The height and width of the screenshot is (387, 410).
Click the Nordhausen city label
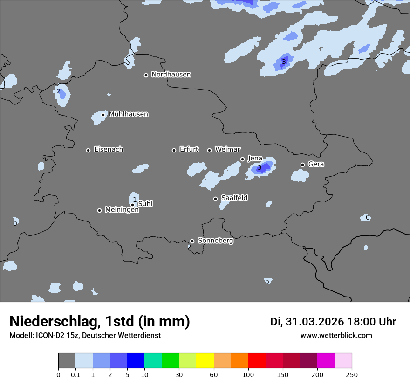pos(171,75)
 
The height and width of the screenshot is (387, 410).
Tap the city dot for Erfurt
pos(174,150)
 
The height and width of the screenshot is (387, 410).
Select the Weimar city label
pos(227,150)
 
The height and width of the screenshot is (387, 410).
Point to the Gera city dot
pos(302,165)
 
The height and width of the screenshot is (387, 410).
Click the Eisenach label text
pos(109,150)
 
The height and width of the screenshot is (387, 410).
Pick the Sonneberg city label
pos(215,241)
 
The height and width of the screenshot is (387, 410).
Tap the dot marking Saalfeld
pos(215,199)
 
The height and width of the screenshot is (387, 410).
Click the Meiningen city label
pos(122,210)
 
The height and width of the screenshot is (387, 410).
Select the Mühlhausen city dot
pos(103,115)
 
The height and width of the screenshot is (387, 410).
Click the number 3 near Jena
pos(260,168)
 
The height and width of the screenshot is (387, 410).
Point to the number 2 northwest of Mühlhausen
pos(59,91)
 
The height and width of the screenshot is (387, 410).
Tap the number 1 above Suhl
pos(135,200)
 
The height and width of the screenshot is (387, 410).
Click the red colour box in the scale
pos(257,361)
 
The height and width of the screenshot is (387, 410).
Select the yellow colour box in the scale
pos(205,361)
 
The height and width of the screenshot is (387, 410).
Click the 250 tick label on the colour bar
pos(352,374)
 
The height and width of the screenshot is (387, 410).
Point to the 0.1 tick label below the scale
pos(75,374)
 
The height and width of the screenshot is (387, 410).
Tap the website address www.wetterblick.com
pos(336,336)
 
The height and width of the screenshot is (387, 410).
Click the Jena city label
pos(255,159)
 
